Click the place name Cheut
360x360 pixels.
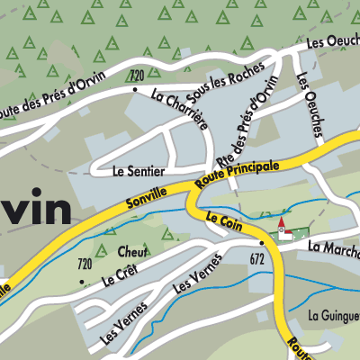pos(130,251)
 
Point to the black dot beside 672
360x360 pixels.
pos(262,243)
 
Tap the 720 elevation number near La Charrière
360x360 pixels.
pos(137,74)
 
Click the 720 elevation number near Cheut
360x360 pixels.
pos(85,264)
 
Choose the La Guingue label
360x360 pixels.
pos(333,315)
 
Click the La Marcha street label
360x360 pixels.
pos(333,246)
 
